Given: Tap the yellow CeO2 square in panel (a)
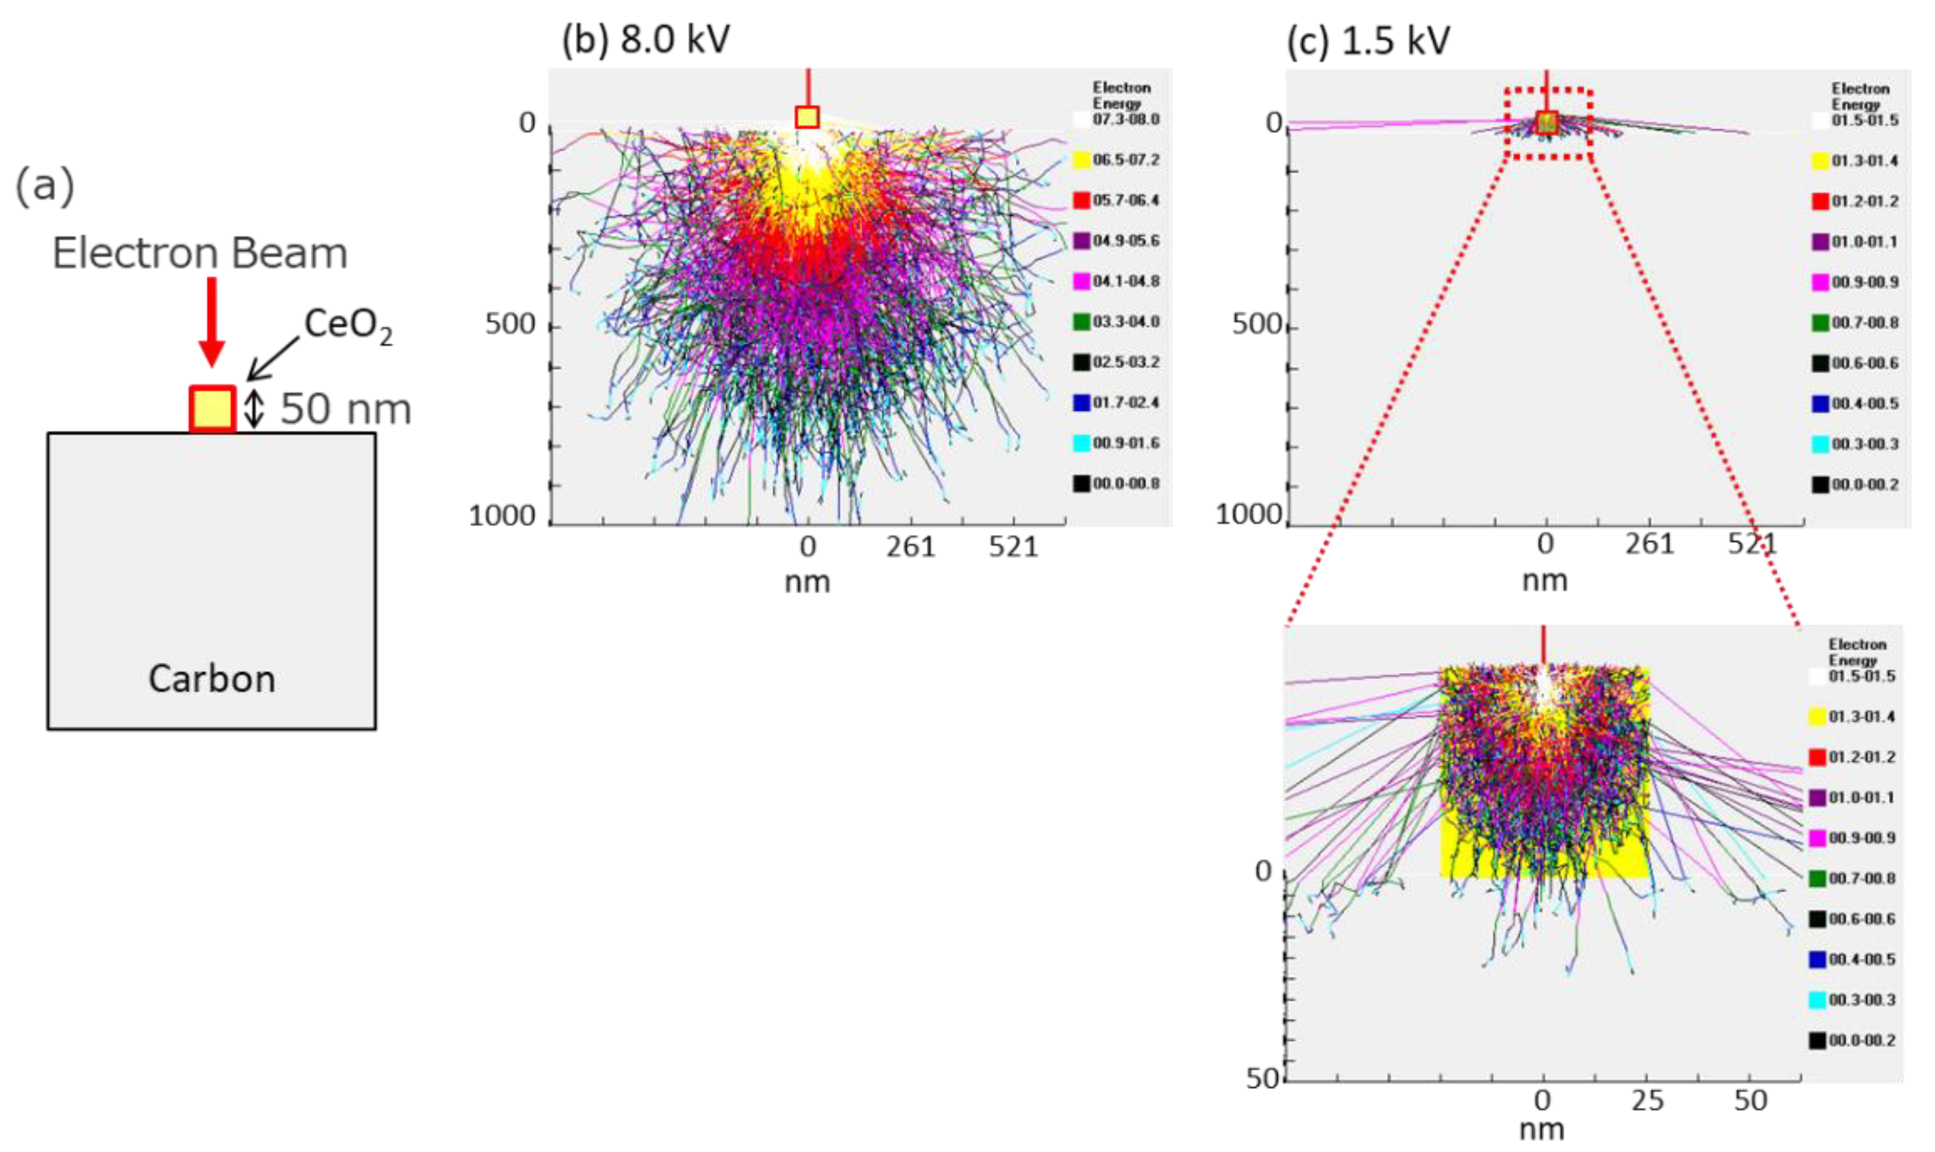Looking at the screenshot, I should coord(212,408).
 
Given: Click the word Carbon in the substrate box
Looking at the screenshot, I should coord(212,679).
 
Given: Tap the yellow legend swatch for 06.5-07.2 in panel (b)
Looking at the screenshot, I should coord(1081,160).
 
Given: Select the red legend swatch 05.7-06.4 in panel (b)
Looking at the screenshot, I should coord(1081,200).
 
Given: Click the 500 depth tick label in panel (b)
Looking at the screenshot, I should coord(510,324).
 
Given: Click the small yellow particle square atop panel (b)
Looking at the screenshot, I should coord(807,117).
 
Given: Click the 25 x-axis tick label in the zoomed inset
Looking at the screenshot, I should coord(1647,1101).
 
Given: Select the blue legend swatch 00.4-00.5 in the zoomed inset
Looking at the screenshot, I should coord(1817,960).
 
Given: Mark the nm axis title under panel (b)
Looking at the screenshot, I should coord(807,582).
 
